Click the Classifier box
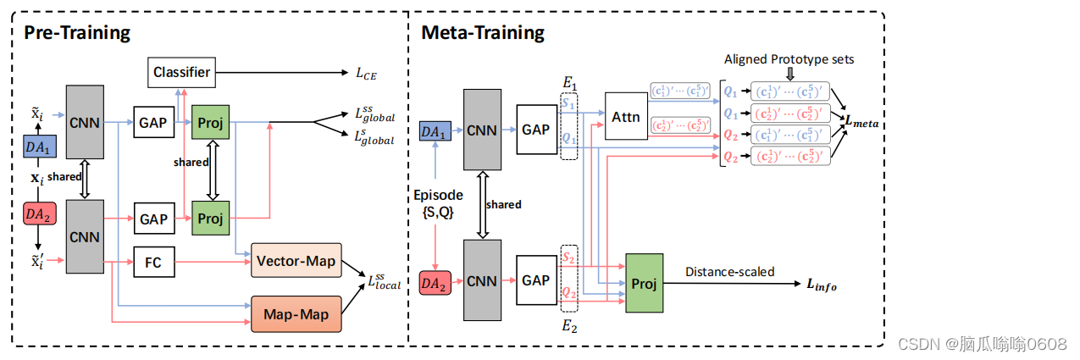181,73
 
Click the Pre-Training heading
76,33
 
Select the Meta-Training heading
482,33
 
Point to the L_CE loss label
366,75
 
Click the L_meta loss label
862,124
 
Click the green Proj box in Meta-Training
644,283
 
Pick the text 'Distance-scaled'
729,272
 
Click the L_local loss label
383,281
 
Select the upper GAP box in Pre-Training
153,123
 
